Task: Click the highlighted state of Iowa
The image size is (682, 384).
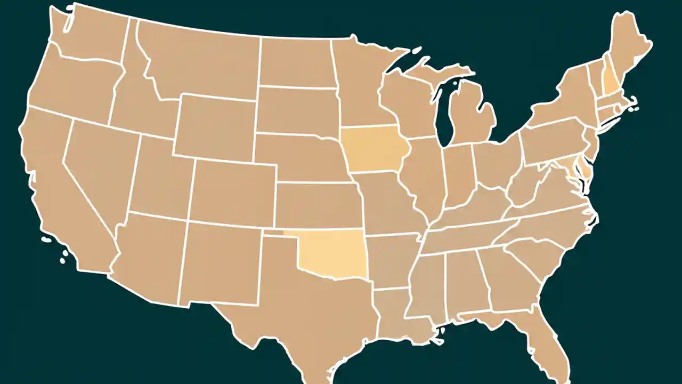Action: pyautogui.click(x=373, y=149)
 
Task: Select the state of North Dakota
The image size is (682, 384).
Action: pyautogui.click(x=296, y=61)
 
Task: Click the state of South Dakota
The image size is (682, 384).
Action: pyautogui.click(x=296, y=109)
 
